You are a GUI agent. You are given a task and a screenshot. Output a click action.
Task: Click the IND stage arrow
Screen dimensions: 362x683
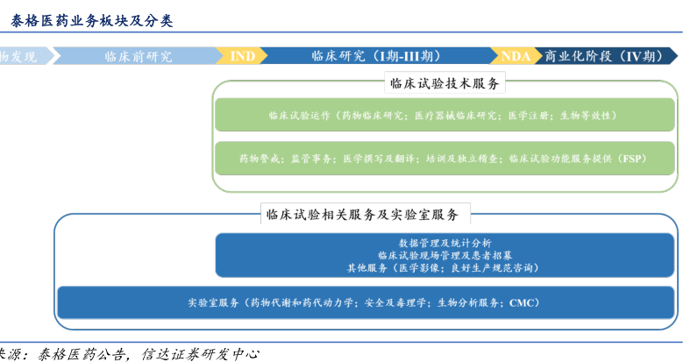point(243,56)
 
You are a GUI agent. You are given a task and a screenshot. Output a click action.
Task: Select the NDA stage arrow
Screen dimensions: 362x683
point(516,56)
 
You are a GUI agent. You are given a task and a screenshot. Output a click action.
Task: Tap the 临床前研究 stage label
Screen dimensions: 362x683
point(138,56)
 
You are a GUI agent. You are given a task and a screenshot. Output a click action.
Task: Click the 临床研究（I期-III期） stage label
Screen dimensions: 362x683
point(376,56)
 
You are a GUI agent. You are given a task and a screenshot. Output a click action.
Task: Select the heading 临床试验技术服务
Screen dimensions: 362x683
point(445,83)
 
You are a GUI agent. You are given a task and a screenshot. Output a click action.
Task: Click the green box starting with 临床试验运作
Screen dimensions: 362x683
point(445,115)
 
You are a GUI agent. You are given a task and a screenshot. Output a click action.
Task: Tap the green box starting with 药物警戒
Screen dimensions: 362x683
point(445,159)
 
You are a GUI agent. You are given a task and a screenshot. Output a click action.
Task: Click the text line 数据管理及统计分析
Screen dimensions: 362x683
point(445,243)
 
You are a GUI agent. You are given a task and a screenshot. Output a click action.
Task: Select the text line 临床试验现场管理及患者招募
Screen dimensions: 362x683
point(445,255)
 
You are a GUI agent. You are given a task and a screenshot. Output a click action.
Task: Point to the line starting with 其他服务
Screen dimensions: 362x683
point(445,267)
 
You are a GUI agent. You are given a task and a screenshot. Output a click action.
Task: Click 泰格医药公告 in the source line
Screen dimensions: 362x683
point(75,352)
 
